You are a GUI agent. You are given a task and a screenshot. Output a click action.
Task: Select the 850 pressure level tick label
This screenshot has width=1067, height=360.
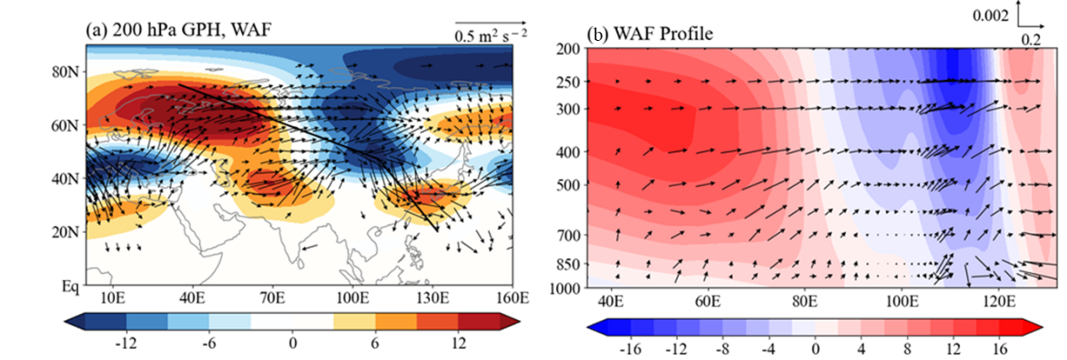[569, 266]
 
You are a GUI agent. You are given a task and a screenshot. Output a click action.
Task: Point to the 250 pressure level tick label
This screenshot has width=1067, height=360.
[569, 82]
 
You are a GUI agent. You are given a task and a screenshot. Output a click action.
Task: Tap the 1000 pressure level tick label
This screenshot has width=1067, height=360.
[565, 287]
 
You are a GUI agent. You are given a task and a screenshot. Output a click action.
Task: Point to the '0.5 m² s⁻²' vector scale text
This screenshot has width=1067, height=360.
[489, 36]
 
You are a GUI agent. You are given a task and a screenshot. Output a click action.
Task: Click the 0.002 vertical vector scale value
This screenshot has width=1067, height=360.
[994, 15]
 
